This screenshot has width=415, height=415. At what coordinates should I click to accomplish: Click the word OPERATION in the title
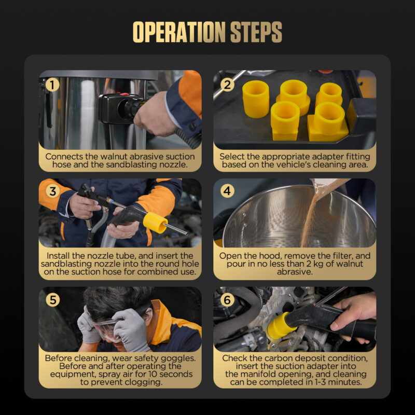pyautogui.click(x=179, y=32)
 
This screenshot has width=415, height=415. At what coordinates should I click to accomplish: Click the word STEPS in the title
pyautogui.click(x=256, y=32)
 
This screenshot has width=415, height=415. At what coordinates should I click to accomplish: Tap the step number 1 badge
pyautogui.click(x=52, y=85)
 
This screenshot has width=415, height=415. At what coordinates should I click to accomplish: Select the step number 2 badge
pyautogui.click(x=227, y=85)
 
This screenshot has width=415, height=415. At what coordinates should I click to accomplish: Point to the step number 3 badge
pyautogui.click(x=53, y=191)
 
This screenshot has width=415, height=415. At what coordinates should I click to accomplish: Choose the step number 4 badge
pyautogui.click(x=227, y=191)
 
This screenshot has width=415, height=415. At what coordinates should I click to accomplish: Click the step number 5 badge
pyautogui.click(x=53, y=300)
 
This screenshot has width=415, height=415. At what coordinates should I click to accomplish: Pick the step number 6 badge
pyautogui.click(x=227, y=300)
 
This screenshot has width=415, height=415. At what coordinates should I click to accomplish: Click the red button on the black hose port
pyautogui.click(x=125, y=94)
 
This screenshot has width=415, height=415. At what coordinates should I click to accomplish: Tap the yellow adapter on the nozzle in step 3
pyautogui.click(x=155, y=223)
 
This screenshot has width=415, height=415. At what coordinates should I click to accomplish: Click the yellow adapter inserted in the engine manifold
pyautogui.click(x=279, y=326)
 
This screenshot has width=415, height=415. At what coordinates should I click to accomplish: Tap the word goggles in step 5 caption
pyautogui.click(x=178, y=358)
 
